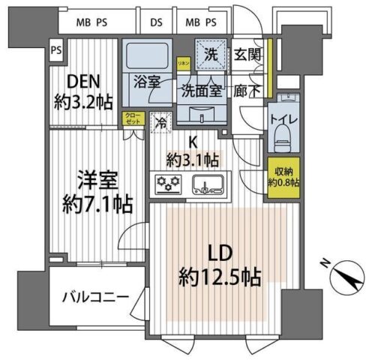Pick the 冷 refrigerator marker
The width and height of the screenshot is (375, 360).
click(159, 121)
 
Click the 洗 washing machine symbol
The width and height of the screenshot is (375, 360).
click(212, 55)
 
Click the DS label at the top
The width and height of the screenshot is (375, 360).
click(156, 22)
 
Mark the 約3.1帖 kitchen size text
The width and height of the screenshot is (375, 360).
click(193, 159)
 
